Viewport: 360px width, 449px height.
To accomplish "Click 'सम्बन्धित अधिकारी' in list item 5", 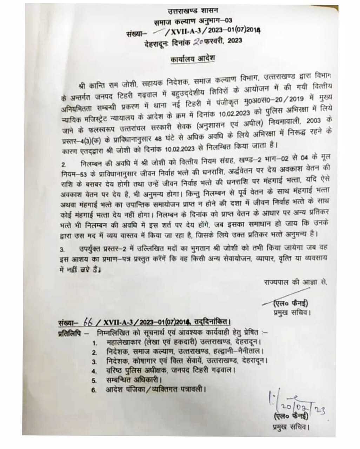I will click(x=132, y=380).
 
